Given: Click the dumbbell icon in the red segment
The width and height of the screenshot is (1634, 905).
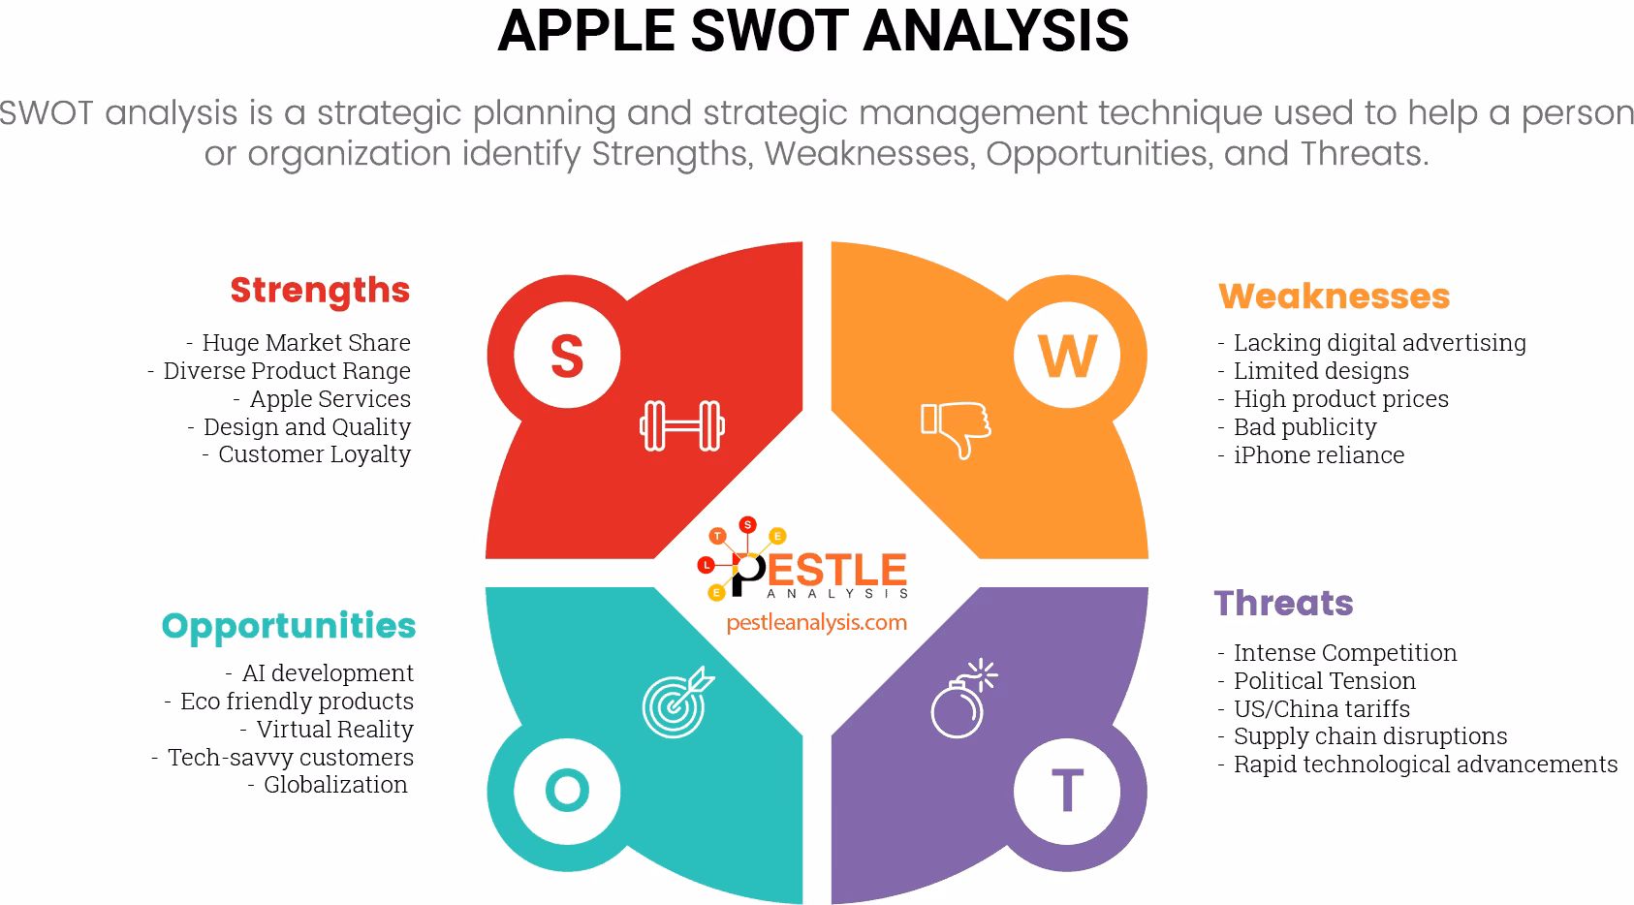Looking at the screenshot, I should click(682, 425).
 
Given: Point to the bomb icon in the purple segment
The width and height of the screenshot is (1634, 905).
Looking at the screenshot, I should click(961, 700).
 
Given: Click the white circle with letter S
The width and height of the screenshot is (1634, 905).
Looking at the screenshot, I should click(567, 356).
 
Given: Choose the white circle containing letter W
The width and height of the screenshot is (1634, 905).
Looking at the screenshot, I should click(1067, 356).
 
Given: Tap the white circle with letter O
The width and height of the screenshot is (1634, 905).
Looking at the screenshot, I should click(567, 790).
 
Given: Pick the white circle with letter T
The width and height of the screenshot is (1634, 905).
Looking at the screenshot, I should click(1067, 790).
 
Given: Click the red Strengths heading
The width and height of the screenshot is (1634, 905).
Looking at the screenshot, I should click(320, 291).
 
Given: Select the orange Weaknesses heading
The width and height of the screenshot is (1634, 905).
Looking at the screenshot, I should click(1334, 296).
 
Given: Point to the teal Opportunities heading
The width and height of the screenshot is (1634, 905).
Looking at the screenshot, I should click(289, 627).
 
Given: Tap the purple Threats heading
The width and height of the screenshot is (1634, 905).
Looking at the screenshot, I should click(1283, 604).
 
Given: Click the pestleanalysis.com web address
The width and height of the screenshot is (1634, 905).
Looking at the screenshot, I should click(816, 622).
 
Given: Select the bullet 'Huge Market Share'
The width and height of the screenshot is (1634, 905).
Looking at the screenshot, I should click(305, 342).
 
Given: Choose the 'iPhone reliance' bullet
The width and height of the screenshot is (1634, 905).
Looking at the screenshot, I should click(1318, 455).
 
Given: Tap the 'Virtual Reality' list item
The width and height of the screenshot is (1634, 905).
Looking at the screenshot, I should click(334, 729).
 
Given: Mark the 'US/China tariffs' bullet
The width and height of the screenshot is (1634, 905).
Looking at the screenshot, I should click(1321, 708).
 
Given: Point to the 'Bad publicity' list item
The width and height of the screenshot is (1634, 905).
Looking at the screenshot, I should click(1304, 427).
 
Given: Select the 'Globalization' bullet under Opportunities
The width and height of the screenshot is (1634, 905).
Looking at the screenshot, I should click(335, 785).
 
